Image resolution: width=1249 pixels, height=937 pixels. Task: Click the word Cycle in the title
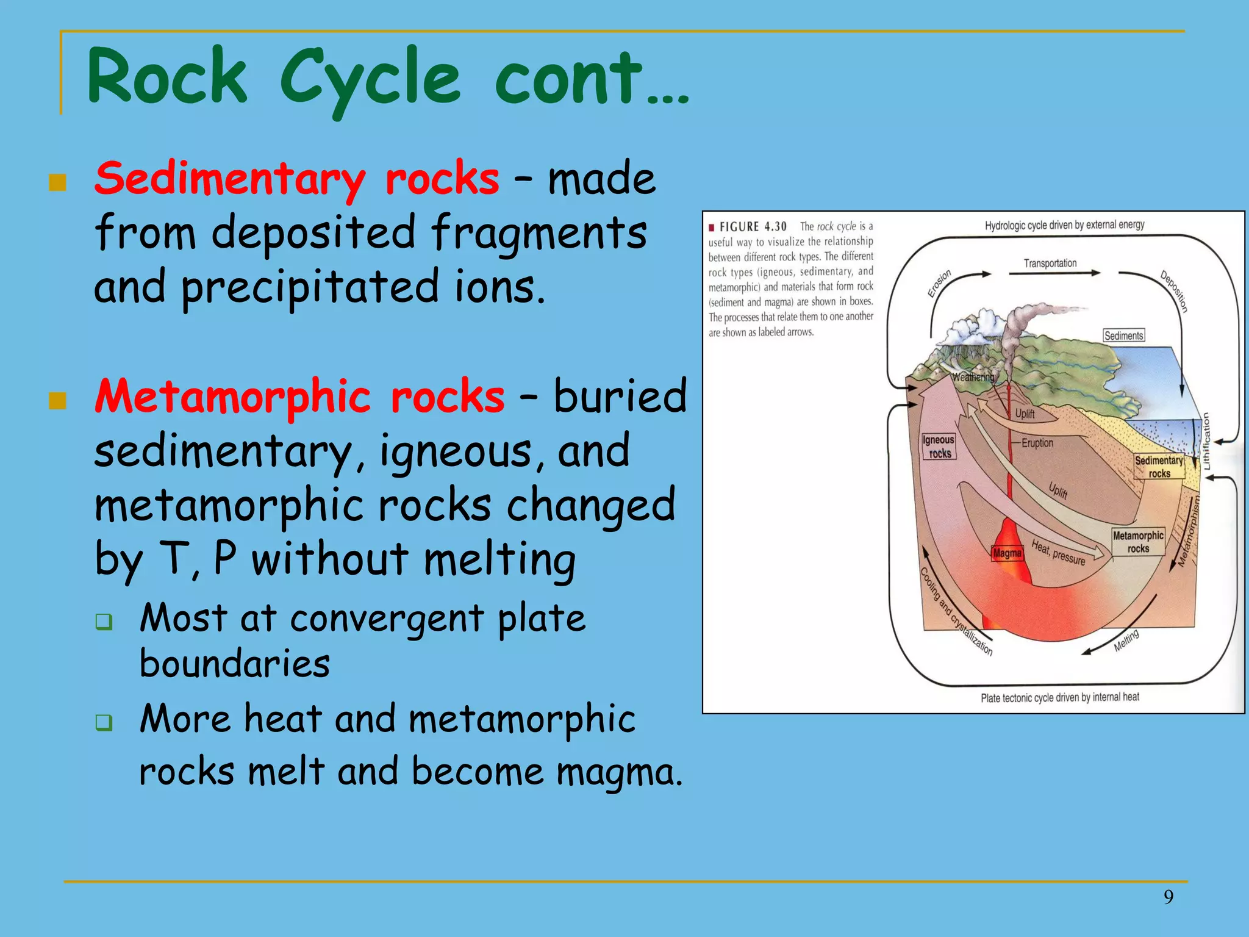click(x=370, y=78)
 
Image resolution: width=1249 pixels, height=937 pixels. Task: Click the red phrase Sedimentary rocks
click(x=297, y=179)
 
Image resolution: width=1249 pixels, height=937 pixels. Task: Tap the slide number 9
click(x=1168, y=897)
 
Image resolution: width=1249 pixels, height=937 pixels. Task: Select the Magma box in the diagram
click(x=1007, y=553)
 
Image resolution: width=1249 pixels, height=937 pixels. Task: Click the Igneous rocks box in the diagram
click(x=939, y=447)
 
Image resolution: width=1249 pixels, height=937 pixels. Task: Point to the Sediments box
click(x=1123, y=336)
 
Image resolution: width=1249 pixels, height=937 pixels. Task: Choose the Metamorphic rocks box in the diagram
click(x=1138, y=542)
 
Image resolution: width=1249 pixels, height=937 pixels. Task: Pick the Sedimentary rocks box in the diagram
click(x=1159, y=467)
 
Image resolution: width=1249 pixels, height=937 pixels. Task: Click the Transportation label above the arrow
click(x=1050, y=264)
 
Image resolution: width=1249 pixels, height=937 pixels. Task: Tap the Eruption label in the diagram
click(x=1037, y=443)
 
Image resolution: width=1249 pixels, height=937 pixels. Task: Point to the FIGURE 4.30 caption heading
click(x=753, y=227)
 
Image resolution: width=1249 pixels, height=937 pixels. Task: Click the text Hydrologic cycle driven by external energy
click(x=1065, y=225)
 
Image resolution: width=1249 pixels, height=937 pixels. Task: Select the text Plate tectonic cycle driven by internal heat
click(x=1060, y=697)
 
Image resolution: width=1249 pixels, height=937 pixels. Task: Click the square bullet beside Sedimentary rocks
click(x=57, y=182)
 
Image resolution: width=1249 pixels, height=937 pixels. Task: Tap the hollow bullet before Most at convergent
click(x=104, y=622)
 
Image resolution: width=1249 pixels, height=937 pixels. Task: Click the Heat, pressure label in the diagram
click(x=1059, y=552)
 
